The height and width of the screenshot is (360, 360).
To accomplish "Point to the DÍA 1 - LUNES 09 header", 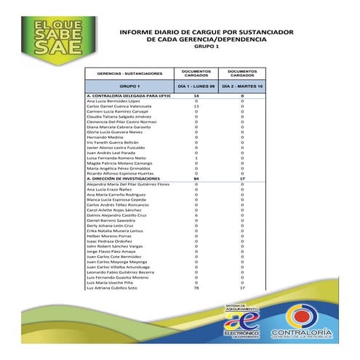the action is (x=196, y=86).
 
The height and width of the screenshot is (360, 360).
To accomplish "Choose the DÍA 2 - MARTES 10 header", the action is (x=242, y=86).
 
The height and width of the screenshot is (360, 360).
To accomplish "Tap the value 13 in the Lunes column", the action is (x=196, y=106).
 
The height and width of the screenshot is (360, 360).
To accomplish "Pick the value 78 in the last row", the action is (x=196, y=289).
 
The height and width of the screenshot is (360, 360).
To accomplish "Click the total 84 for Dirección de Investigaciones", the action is (x=196, y=179).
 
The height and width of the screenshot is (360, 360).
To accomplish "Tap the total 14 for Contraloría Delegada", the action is (x=196, y=96).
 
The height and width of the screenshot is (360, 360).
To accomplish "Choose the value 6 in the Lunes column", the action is (x=196, y=215).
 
